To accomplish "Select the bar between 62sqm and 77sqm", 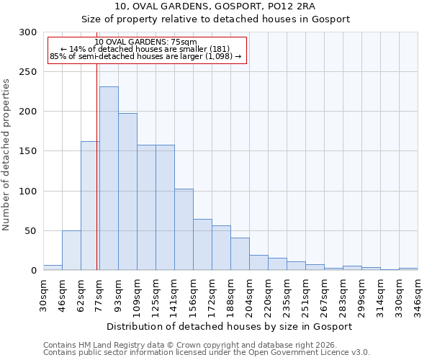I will tap(90, 206).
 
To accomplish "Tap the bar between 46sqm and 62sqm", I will tap(71, 251).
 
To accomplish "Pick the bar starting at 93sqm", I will tap(127, 192).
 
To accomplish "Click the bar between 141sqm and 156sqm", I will tap(184, 230).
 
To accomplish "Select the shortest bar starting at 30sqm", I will tap(53, 268).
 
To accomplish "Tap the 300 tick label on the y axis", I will tap(28, 32).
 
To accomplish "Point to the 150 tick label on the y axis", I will tap(28, 151).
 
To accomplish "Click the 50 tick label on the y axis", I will tap(31, 231).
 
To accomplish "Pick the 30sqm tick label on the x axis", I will tap(43, 294).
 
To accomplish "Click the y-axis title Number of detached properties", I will tap(7, 151).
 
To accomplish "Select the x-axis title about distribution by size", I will tap(230, 326).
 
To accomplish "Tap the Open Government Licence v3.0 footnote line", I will tap(206, 352).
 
